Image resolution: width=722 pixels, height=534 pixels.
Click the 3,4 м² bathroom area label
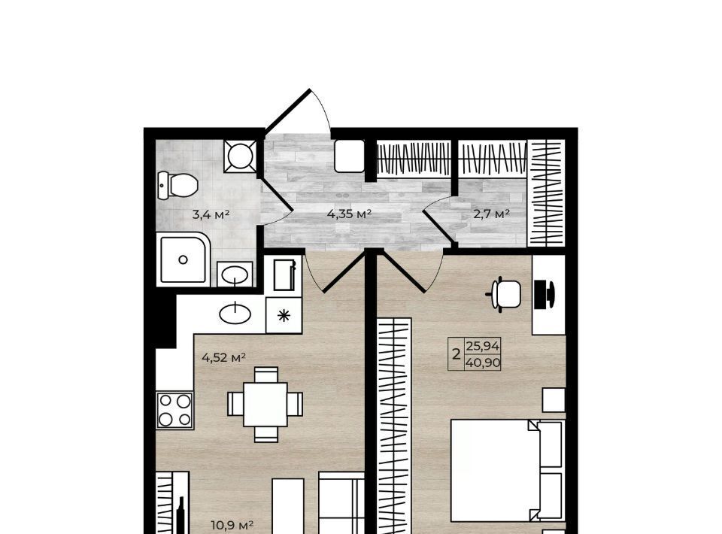click(x=211, y=214)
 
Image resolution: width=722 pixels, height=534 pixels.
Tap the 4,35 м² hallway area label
click(x=349, y=214)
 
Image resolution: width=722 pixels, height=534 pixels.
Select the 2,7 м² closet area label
click(x=491, y=214)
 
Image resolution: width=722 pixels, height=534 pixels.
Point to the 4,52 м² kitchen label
click(x=224, y=357)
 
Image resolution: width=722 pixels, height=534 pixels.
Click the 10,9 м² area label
click(x=232, y=525)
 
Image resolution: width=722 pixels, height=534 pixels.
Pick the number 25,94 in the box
click(x=483, y=346)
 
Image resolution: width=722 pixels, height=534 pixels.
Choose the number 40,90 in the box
click(x=483, y=363)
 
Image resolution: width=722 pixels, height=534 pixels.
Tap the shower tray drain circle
click(x=183, y=260)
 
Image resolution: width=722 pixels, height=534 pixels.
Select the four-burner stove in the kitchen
click(x=175, y=410)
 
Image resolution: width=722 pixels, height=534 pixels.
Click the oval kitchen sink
click(x=235, y=314)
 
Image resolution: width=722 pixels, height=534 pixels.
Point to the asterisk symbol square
click(x=284, y=315)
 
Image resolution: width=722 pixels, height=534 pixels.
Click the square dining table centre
click(x=265, y=405)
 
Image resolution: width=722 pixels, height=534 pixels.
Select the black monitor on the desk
click(x=545, y=293)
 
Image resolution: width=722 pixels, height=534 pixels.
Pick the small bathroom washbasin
click(x=235, y=275)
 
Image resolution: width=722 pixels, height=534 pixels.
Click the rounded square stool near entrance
click(x=349, y=156)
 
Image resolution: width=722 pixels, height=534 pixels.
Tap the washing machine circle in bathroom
click(x=240, y=156)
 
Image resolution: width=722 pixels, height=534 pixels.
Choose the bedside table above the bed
click(x=554, y=399)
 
